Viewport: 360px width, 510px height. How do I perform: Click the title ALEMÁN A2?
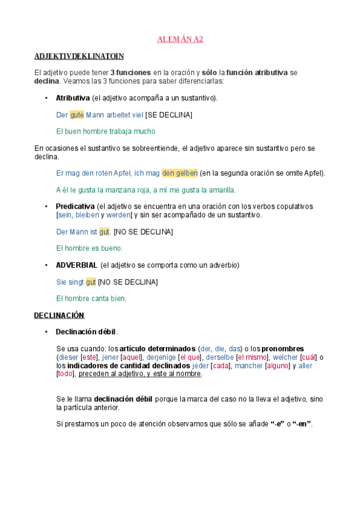(180, 40)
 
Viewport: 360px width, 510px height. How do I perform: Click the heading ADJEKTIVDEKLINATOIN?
(79, 57)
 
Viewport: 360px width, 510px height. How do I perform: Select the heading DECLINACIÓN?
(59, 315)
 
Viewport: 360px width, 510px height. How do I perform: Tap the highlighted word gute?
(77, 114)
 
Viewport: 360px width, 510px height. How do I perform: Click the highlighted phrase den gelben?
(180, 173)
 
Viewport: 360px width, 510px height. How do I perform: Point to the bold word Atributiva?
(73, 97)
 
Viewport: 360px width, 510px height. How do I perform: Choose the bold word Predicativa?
(75, 206)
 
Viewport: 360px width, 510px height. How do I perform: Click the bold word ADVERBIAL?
(76, 265)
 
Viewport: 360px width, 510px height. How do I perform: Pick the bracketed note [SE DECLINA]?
(169, 114)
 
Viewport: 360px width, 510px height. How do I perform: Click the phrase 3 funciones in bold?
(130, 72)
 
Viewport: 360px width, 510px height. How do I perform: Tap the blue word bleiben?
(87, 215)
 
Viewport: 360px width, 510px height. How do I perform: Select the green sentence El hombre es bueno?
(89, 248)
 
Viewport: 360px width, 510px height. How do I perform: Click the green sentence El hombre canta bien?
(91, 298)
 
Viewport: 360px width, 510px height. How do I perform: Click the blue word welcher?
(285, 357)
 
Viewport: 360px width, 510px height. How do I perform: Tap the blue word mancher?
(248, 365)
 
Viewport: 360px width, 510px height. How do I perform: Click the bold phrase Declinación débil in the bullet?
(87, 331)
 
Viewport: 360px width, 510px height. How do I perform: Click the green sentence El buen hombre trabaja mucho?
(105, 131)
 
